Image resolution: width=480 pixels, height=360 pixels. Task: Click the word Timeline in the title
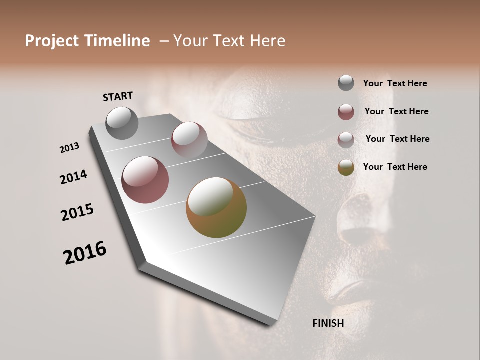point(117,41)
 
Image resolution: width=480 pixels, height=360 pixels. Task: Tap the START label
point(118,96)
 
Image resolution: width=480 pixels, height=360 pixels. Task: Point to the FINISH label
point(328,323)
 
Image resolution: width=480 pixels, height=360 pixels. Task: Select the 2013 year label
point(70,148)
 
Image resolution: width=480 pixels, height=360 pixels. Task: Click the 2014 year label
point(74,177)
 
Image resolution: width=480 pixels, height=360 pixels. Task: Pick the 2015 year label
point(77,212)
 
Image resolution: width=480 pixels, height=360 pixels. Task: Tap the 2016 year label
point(85,253)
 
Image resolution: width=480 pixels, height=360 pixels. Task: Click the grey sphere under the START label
point(122,123)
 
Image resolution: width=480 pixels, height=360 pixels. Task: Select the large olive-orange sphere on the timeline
point(216,207)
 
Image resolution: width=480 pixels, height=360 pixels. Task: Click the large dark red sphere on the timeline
point(145,180)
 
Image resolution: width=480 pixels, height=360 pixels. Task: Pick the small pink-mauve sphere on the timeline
point(189,140)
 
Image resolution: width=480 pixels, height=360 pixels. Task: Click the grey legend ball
point(346,83)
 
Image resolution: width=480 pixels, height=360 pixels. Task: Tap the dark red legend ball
point(346,112)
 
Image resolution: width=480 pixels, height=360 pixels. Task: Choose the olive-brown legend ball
point(346,167)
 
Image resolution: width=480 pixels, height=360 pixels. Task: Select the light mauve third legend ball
point(346,140)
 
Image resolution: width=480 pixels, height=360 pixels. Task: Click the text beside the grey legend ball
point(395,84)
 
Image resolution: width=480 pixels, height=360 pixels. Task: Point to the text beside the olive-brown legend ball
point(395,167)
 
